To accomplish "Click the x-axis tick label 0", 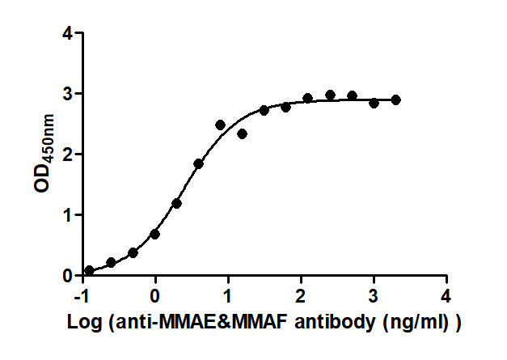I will (x=155, y=293).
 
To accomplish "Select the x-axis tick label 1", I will (x=228, y=293).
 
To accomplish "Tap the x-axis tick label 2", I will (x=301, y=293).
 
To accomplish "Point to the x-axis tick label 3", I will (x=374, y=293).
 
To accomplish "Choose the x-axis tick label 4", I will (x=446, y=293).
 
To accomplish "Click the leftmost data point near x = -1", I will (x=89, y=270).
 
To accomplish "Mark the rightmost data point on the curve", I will (x=395, y=100).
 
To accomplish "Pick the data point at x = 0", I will (x=155, y=234).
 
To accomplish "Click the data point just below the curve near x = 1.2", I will (x=243, y=133).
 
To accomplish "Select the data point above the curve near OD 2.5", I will (x=220, y=125).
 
